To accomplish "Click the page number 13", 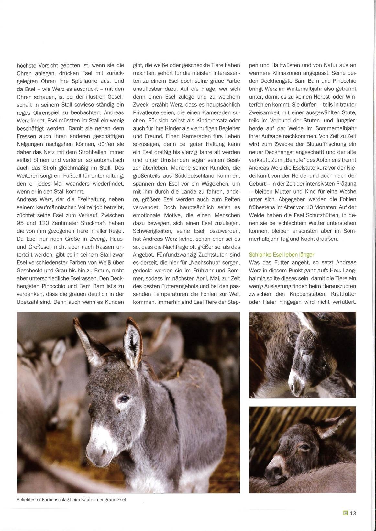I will point(353,513).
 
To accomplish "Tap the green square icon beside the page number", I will point(346,513).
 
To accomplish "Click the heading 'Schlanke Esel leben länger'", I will point(282,255).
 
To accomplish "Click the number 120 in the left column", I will point(49,223).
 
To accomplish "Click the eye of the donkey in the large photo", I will point(124,399).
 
